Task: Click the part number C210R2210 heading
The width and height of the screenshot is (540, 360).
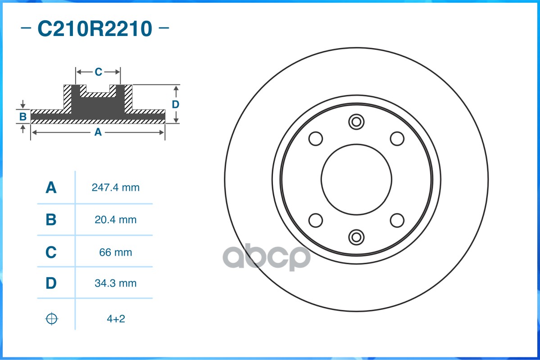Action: pyautogui.click(x=95, y=29)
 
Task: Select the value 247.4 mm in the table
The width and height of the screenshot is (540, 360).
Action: pyautogui.click(x=115, y=188)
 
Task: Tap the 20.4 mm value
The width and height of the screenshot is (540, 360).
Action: pyautogui.click(x=115, y=220)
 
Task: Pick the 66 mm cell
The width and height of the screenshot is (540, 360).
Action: pyautogui.click(x=115, y=252)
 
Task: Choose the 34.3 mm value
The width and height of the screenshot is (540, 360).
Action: pyautogui.click(x=115, y=283)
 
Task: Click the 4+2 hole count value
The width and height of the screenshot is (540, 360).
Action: pyautogui.click(x=115, y=319)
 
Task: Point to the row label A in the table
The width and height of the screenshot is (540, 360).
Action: pyautogui.click(x=51, y=188)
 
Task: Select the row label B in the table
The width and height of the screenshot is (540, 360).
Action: pyautogui.click(x=51, y=220)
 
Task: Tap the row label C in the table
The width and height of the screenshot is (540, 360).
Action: pyautogui.click(x=51, y=252)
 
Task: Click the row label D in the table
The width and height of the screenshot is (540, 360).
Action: pyautogui.click(x=51, y=283)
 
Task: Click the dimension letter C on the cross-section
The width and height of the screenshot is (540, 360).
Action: pyautogui.click(x=98, y=72)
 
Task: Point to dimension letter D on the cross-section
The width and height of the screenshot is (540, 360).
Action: pyautogui.click(x=176, y=104)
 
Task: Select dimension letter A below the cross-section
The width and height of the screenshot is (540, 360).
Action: pyautogui.click(x=97, y=132)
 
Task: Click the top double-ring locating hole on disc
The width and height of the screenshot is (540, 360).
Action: pyautogui.click(x=356, y=121)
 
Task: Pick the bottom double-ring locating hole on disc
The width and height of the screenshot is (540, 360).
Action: pyautogui.click(x=356, y=237)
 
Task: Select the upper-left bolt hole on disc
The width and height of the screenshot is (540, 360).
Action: pyautogui.click(x=316, y=138)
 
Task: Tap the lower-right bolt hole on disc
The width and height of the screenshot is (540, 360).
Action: pyautogui.click(x=397, y=220)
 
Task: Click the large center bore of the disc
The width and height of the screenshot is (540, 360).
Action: pyautogui.click(x=356, y=179)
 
